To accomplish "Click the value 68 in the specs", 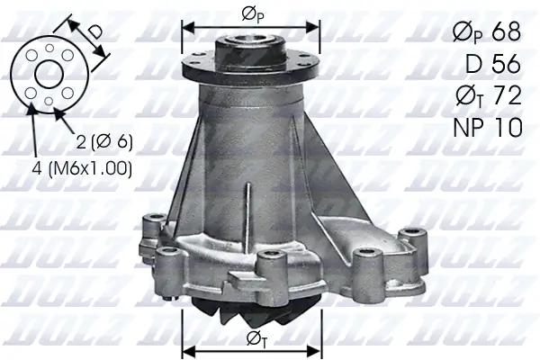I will click(x=506, y=31).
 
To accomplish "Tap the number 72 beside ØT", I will click(x=505, y=95).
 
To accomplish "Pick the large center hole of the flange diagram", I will click(x=49, y=74).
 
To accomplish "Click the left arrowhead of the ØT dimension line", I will click(x=187, y=348).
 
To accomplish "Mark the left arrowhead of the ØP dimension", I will click(x=187, y=26).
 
